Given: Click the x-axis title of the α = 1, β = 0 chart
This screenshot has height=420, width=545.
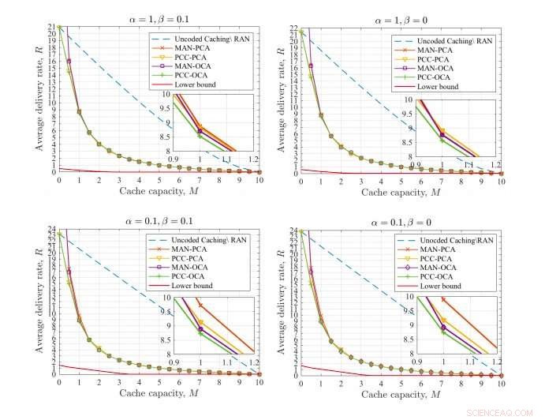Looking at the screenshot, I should tap(401, 192).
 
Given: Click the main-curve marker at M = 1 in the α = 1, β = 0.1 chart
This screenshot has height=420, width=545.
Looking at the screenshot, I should tap(79, 111).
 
